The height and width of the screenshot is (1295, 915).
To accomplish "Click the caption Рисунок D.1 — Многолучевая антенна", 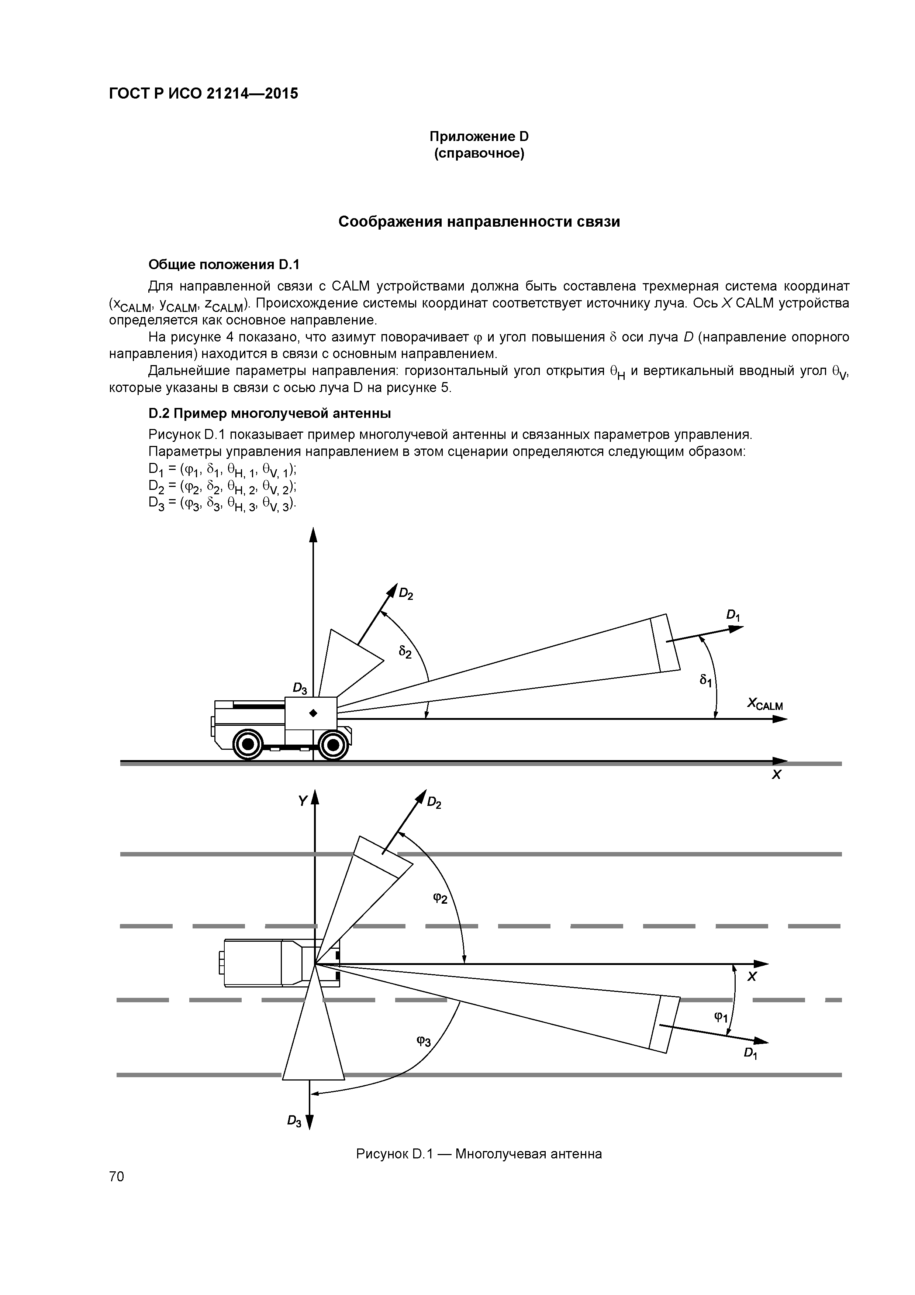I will tap(479, 1154).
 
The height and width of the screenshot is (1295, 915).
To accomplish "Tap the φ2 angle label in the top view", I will tap(440, 898).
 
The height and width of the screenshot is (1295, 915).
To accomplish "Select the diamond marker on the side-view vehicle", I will tap(314, 714).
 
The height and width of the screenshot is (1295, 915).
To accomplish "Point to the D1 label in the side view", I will tap(732, 615).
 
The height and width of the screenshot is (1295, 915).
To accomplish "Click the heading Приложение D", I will tap(479, 137).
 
